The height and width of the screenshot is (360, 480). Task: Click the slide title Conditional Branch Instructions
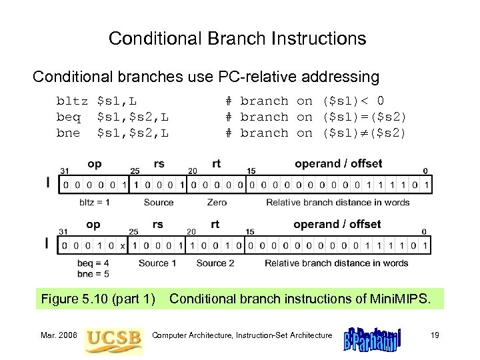click(237, 39)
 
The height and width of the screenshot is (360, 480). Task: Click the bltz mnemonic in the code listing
click(72, 101)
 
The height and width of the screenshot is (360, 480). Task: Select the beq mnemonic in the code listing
click(69, 117)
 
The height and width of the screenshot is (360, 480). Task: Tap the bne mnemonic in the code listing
click(69, 133)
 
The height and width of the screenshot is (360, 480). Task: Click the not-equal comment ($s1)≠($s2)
click(315, 133)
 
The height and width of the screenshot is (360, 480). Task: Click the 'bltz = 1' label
click(95, 202)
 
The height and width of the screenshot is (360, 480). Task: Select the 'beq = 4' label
click(93, 263)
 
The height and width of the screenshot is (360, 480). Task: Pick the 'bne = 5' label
click(93, 273)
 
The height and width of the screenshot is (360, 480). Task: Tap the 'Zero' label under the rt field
click(217, 202)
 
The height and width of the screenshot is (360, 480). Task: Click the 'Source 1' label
click(159, 263)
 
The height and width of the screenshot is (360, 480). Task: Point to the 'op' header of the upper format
click(95, 163)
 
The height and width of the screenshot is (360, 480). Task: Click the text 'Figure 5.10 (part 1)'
click(98, 299)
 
